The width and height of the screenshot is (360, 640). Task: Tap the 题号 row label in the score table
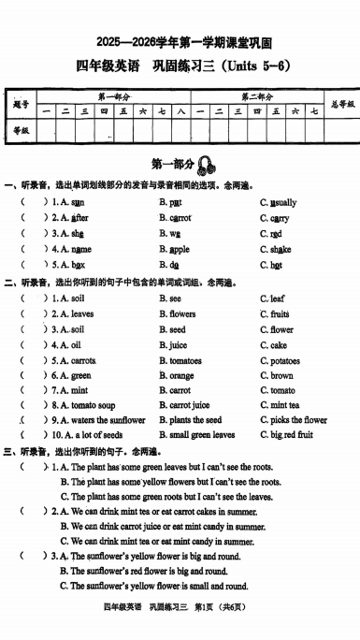click(x=21, y=104)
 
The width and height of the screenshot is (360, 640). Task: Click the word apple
click(x=179, y=250)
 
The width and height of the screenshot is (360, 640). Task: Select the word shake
click(x=281, y=250)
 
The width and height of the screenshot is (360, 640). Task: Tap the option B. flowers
click(x=177, y=314)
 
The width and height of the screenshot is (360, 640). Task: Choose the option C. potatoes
click(x=280, y=360)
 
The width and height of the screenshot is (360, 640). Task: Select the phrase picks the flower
click(x=298, y=420)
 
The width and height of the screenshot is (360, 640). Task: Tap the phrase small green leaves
click(x=202, y=435)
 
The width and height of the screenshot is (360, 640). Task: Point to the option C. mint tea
click(x=280, y=405)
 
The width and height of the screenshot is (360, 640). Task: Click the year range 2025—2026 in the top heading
click(x=126, y=42)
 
